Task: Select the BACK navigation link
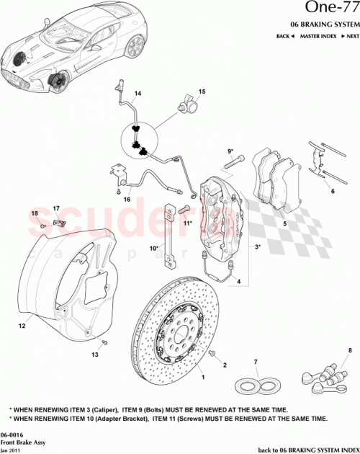click(285, 36)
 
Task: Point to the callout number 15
click(202, 92)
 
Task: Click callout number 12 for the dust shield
click(22, 326)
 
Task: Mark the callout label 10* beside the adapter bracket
click(154, 249)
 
